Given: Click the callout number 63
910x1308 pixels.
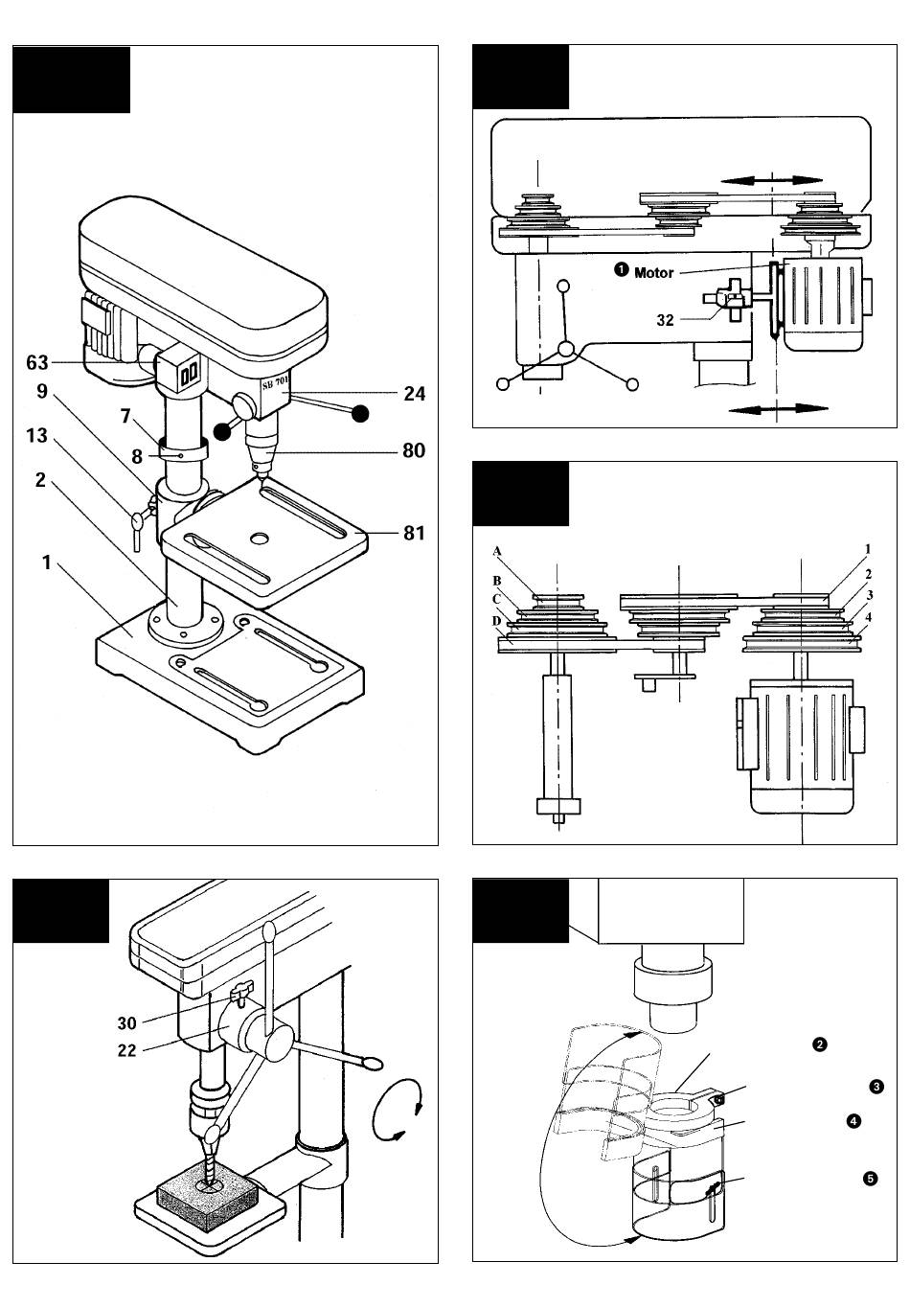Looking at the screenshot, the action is (x=36, y=362).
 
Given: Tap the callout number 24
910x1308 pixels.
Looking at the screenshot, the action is (x=415, y=394).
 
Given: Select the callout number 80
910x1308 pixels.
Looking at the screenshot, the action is (x=414, y=450).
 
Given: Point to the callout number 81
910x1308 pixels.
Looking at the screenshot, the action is (x=414, y=533).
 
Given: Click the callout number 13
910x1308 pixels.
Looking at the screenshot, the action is (x=36, y=435).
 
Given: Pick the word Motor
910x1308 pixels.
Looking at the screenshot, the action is (x=653, y=273).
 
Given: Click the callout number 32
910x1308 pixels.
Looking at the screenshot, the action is (x=666, y=320).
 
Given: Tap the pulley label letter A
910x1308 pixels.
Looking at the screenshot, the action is (x=497, y=551).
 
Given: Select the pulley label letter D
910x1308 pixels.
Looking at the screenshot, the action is (x=497, y=621).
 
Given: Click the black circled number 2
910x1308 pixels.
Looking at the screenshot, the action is (x=820, y=1044).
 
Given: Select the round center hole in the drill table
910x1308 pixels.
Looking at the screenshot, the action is (x=258, y=538).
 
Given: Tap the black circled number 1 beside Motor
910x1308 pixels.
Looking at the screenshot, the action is (x=621, y=270).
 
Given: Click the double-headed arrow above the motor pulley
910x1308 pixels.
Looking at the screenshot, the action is (x=771, y=180).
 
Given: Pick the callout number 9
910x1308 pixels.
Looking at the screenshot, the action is (x=42, y=391).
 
